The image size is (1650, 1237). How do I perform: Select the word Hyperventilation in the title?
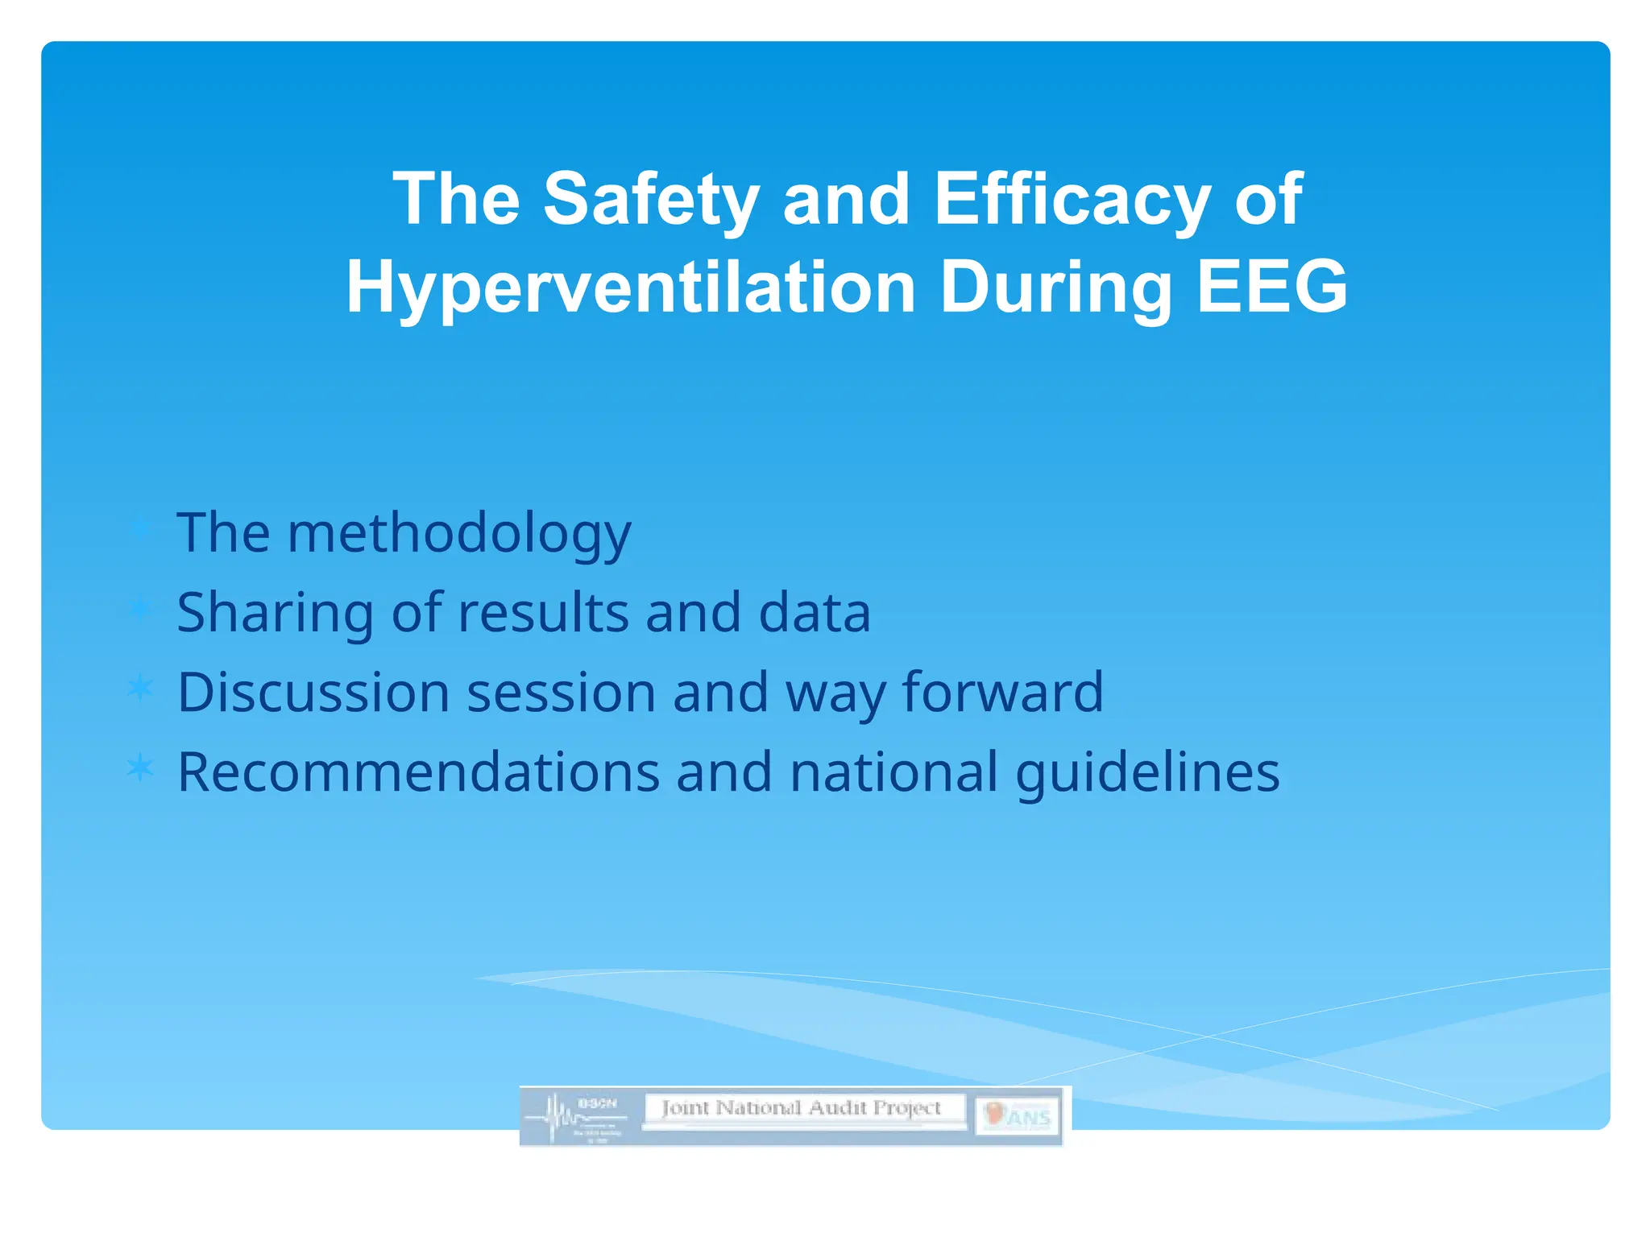pos(631,288)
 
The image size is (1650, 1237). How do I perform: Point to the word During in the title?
pos(1055,288)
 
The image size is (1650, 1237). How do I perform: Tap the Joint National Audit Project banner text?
pos(802,1109)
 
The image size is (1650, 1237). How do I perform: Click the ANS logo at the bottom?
pos(1018,1116)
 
